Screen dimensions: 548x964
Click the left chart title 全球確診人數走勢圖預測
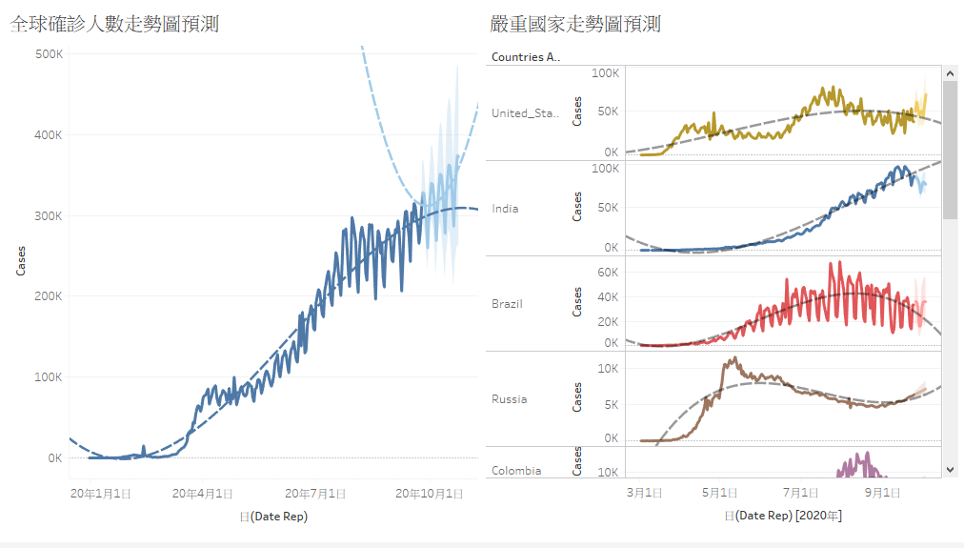point(114,24)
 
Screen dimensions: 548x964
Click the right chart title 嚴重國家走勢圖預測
point(575,24)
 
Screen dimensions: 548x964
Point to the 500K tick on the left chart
point(49,54)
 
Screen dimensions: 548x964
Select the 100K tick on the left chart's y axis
point(49,377)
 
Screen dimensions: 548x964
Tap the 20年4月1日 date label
point(203,494)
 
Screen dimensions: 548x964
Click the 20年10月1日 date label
point(430,494)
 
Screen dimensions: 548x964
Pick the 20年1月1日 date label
point(100,494)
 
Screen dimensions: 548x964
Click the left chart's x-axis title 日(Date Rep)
point(273,517)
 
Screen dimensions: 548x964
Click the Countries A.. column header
point(525,57)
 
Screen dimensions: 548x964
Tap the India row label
point(505,209)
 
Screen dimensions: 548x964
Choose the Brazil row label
point(507,304)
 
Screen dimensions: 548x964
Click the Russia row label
point(509,399)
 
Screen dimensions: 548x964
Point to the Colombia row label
point(516,471)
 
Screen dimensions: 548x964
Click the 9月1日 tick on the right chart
point(883,493)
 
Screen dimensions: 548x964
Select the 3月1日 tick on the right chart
point(644,493)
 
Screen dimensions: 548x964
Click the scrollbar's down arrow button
point(950,469)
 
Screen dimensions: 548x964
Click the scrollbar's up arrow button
point(950,72)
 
